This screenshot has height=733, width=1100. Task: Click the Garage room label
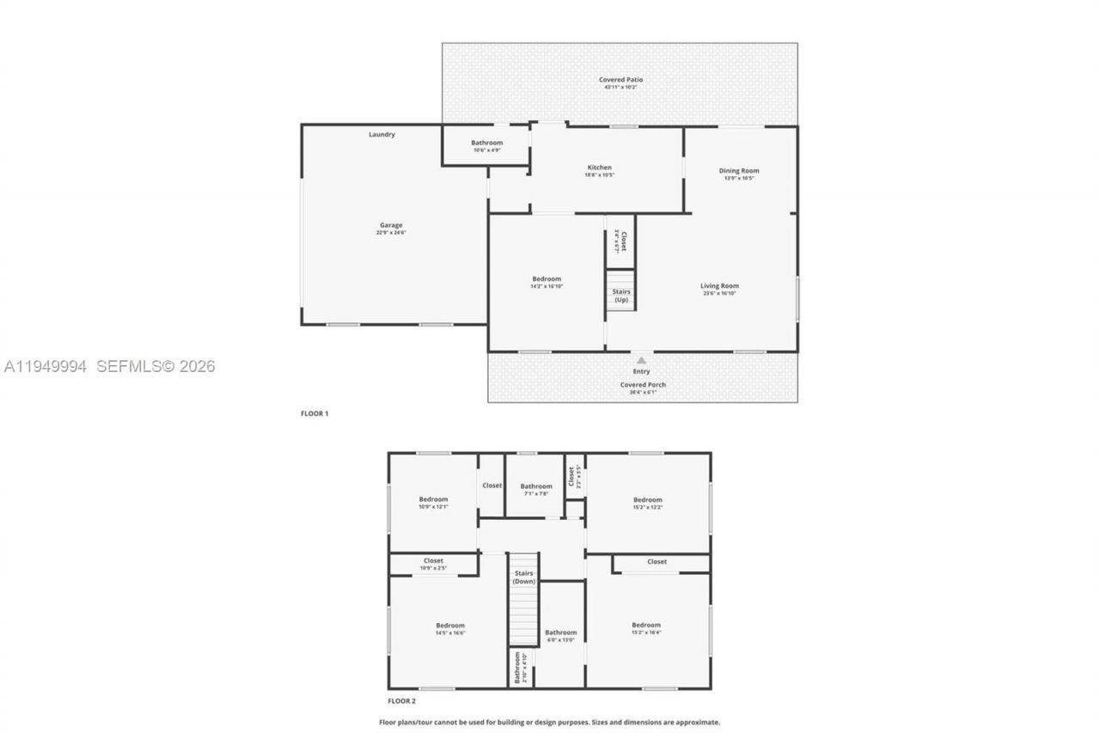coord(391,226)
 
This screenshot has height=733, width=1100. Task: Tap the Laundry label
coord(382,135)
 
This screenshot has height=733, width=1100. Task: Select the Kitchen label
coord(599,168)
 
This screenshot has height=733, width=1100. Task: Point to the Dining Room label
coord(739,171)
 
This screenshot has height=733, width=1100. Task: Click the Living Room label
coord(719,286)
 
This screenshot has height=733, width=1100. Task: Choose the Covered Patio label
coord(620,80)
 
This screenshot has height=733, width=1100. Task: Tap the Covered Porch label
coord(643,385)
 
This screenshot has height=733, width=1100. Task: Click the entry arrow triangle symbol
coord(641,361)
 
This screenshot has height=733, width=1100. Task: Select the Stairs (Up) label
coord(620,296)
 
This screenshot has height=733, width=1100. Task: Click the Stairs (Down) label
coord(523,577)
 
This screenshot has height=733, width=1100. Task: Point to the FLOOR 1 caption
coord(315,414)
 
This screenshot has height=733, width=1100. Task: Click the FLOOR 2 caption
coord(401,701)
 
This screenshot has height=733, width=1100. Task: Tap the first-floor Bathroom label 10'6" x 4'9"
coord(486,143)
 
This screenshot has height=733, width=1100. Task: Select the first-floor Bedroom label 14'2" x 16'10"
coord(547,279)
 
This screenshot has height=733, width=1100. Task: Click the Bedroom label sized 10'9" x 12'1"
coord(433,500)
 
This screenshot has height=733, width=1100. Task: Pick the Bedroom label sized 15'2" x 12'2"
coord(647,500)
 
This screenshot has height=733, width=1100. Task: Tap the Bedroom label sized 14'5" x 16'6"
coord(449,626)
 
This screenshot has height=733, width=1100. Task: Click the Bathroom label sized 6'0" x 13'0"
coord(561,633)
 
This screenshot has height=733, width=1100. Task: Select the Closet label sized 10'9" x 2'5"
coord(433,561)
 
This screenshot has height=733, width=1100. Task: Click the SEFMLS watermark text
coord(155,367)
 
